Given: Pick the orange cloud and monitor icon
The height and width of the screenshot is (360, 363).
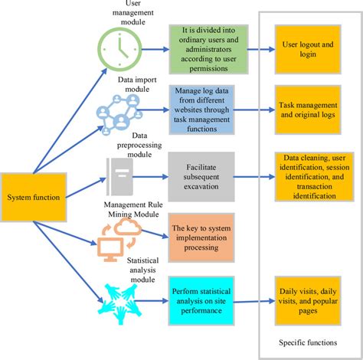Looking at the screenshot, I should pos(117,235).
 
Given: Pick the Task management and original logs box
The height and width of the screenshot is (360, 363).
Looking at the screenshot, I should pos(306,112).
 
